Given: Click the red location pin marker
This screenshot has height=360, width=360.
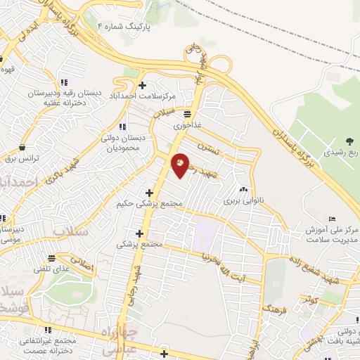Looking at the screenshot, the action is pos(181,164).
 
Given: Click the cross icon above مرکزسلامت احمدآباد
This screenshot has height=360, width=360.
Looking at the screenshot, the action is pos(143,85).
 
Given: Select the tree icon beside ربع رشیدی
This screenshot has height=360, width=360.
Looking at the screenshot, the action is pos(350,143).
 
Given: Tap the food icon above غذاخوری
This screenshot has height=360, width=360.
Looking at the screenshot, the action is pos(188,113).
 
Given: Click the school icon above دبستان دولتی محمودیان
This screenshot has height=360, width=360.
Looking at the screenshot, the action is pos(124,127).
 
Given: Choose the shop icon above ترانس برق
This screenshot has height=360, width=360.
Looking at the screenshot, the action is pos(24,148).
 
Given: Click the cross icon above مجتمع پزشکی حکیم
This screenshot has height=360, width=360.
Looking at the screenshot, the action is pos(148,192).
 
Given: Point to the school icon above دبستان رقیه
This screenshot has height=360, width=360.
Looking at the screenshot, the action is pos(64,82).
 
